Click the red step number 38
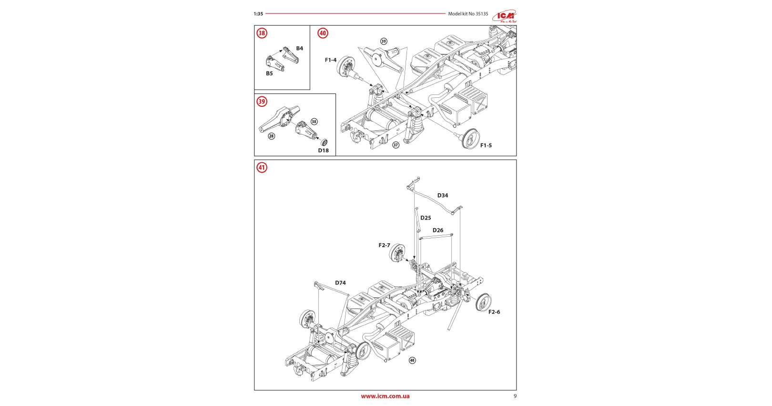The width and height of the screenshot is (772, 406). coord(262,33)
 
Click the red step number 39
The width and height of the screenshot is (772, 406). coord(262,102)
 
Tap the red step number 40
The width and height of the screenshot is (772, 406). coord(323,33)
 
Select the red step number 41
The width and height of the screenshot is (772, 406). coord(262,167)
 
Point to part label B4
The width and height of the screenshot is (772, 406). coord(299,48)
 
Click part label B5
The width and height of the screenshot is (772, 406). coord(269,73)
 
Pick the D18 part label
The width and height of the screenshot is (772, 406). coord(323,150)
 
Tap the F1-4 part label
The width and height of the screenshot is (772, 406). coord(330,60)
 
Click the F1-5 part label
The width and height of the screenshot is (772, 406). coord(486,146)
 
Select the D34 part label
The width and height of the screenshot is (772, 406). coord(442,195)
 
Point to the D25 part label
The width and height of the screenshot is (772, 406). coord(425,218)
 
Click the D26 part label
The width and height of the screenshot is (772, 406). coord(437,230)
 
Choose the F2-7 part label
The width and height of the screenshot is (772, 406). coord(384,245)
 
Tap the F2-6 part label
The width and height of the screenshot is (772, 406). coord(494,312)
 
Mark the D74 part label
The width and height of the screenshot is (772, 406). coord(340,283)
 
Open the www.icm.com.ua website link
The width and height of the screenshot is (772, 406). coord(385,396)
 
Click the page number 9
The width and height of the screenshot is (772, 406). coord(515,396)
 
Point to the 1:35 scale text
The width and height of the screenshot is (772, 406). coord(258,14)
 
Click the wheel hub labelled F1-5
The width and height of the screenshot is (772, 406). coord(471,139)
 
